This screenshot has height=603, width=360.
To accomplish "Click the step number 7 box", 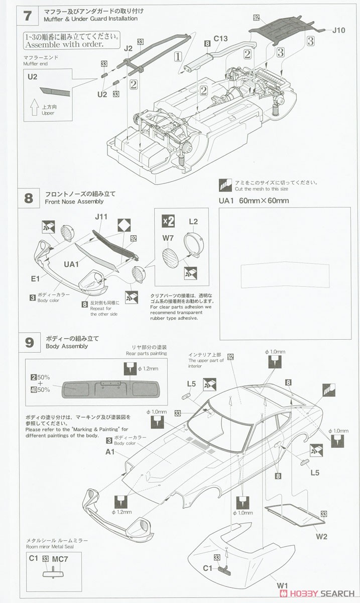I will click(28, 15).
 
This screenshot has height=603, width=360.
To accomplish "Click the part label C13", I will click(221, 38).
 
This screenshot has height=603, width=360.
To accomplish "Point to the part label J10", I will click(339, 30).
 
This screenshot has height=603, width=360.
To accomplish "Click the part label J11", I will click(101, 218).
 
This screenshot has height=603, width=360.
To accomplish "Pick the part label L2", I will click(193, 222).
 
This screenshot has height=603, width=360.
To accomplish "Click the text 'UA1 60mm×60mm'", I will click(254, 201).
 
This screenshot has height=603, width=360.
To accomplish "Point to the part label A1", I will click(110, 452).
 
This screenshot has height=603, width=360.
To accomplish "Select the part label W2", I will click(322, 536).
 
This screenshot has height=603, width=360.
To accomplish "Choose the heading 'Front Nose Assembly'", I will click(74, 202).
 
